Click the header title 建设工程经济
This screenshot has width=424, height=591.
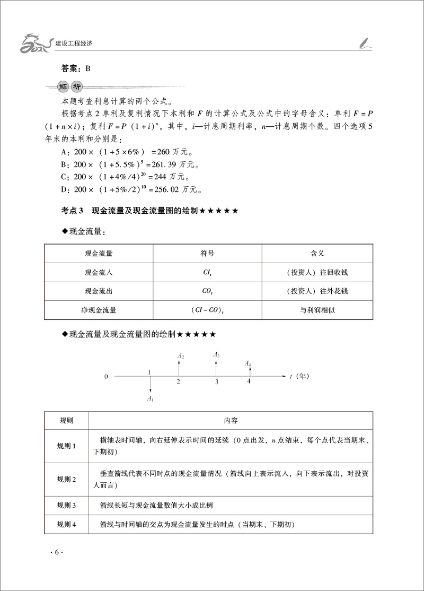(x=78, y=42)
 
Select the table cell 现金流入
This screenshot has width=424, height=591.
(x=98, y=272)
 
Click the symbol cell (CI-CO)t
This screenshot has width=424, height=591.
(x=207, y=310)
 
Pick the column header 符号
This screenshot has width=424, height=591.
(x=207, y=254)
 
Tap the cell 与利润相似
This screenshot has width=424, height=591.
(x=317, y=310)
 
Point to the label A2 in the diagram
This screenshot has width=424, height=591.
(x=181, y=357)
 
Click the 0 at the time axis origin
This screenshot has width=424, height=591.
(x=106, y=376)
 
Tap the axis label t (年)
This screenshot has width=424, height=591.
(x=299, y=376)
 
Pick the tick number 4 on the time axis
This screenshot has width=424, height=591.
(x=249, y=381)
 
